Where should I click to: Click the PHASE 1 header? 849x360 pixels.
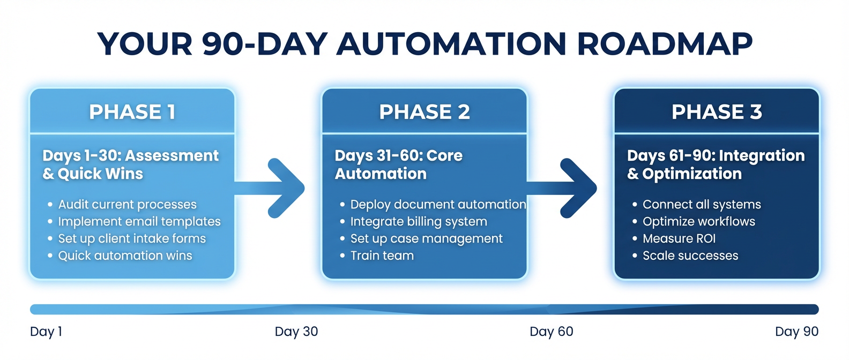pyautogui.click(x=132, y=112)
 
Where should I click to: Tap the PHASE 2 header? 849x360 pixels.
pyautogui.click(x=424, y=112)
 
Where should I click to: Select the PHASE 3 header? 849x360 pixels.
pyautogui.click(x=717, y=112)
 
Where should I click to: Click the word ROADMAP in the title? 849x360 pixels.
pyautogui.click(x=665, y=44)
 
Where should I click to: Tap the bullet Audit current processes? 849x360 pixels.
pyautogui.click(x=127, y=205)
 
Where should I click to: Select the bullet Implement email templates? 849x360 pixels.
pyautogui.click(x=139, y=222)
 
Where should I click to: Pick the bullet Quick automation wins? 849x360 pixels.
pyautogui.click(x=125, y=256)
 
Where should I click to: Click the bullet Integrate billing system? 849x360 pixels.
pyautogui.click(x=419, y=222)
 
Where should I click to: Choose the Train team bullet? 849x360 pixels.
pyautogui.click(x=382, y=256)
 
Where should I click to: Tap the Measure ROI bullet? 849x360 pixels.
pyautogui.click(x=679, y=239)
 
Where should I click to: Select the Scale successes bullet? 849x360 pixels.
pyautogui.click(x=690, y=256)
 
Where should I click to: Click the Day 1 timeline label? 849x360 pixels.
pyautogui.click(x=46, y=332)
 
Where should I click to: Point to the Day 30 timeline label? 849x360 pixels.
pyautogui.click(x=296, y=332)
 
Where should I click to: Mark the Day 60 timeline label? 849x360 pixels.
pyautogui.click(x=552, y=332)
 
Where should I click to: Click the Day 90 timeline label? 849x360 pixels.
pyautogui.click(x=796, y=332)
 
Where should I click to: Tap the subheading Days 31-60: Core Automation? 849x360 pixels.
pyautogui.click(x=398, y=164)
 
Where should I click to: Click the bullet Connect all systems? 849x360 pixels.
pyautogui.click(x=702, y=205)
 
